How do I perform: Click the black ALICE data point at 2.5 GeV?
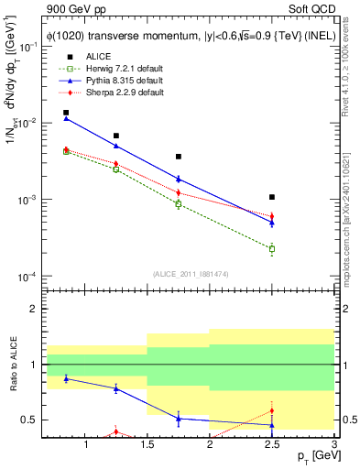272,197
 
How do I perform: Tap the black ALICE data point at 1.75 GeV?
179,157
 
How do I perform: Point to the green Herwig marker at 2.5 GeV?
272,248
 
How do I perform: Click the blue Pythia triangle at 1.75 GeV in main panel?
179,179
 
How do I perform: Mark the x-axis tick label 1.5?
147,446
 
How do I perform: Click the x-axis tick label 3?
333,446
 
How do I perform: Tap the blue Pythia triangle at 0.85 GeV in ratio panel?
66,377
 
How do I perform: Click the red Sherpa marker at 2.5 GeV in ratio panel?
272,410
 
